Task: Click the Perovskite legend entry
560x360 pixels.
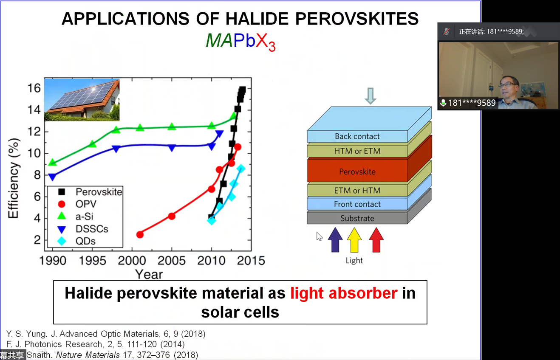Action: pos(90,192)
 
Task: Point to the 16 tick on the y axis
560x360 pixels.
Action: pos(34,88)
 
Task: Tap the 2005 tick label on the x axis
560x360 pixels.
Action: pos(172,261)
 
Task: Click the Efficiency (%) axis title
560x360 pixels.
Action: pos(14,178)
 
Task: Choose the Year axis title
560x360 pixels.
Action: pos(149,274)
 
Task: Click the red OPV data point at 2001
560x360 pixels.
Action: pos(140,234)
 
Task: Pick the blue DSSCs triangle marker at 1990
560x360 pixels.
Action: pos(53,177)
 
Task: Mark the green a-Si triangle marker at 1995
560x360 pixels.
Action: pos(92,144)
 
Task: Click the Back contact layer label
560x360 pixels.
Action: pos(357,136)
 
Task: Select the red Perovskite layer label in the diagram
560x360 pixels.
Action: pos(357,172)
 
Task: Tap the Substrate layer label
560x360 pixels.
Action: pos(357,218)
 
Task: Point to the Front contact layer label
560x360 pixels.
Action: pos(357,204)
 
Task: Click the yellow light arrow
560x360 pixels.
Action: pos(354,240)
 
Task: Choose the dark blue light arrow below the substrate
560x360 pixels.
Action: pos(335,240)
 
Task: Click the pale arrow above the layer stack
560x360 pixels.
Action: pos(370,96)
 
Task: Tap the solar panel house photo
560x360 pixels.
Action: pos(82,100)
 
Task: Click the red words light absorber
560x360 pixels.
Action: pos(344,293)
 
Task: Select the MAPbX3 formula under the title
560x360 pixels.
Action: pos(240,41)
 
